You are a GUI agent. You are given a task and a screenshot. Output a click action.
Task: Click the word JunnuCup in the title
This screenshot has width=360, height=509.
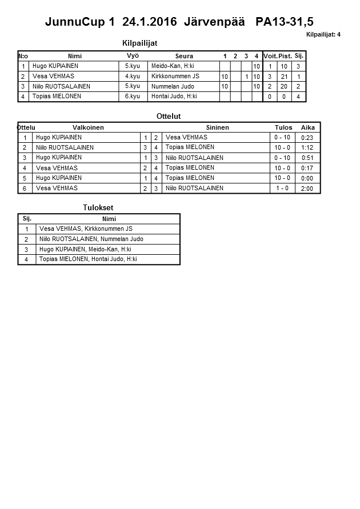pyautogui.click(x=73, y=22)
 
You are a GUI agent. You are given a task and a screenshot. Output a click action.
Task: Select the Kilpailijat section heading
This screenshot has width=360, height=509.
pyautogui.click(x=140, y=43)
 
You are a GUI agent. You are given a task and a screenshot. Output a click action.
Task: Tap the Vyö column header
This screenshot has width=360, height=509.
pyautogui.click(x=133, y=55)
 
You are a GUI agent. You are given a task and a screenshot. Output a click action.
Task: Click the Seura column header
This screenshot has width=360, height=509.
pyautogui.click(x=184, y=56)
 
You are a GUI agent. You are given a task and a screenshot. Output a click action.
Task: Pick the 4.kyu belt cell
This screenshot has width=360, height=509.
pyautogui.click(x=132, y=76)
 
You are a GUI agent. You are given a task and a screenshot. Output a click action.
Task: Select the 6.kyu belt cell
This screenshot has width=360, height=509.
pyautogui.click(x=132, y=97)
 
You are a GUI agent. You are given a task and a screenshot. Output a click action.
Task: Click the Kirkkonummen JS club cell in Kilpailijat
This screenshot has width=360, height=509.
pyautogui.click(x=175, y=76)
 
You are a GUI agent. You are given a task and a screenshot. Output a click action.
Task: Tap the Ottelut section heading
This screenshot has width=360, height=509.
pyautogui.click(x=169, y=116)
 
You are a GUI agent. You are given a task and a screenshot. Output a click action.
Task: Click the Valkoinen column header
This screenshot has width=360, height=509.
pyautogui.click(x=88, y=127)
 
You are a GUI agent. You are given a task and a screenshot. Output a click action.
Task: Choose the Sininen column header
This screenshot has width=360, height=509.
pyautogui.click(x=217, y=127)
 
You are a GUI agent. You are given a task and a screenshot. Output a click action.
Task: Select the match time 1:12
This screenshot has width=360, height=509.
pyautogui.click(x=307, y=148)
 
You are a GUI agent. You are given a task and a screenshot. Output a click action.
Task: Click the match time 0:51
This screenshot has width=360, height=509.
pyautogui.click(x=307, y=158)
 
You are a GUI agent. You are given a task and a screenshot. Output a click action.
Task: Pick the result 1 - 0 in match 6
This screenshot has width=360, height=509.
pyautogui.click(x=282, y=189)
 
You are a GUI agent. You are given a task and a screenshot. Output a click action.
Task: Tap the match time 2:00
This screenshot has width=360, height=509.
pyautogui.click(x=307, y=189)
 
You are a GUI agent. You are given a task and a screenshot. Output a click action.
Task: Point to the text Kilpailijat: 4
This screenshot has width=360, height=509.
pyautogui.click(x=323, y=34)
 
